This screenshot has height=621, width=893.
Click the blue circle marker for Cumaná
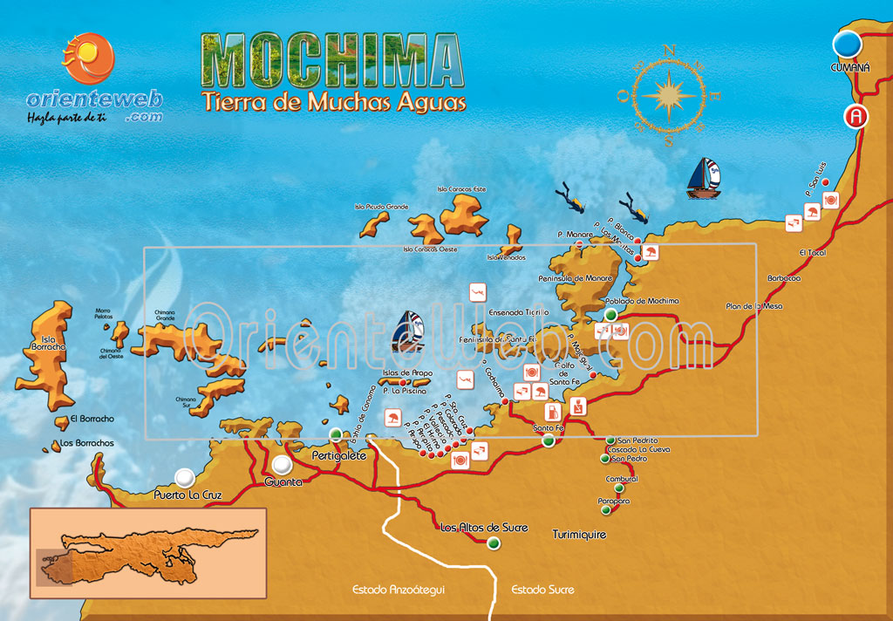point(846,44)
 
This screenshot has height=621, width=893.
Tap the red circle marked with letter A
point(857,116)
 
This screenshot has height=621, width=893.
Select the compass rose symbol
point(669,94)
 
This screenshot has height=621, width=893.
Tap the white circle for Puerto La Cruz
point(184,477)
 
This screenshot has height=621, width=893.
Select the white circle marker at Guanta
point(282,465)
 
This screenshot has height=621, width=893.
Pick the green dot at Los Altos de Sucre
point(494,543)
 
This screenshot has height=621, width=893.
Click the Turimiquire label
point(579,534)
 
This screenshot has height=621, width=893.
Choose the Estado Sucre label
point(542,590)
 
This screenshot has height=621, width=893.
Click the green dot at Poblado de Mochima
point(610,314)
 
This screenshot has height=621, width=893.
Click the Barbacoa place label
point(784,278)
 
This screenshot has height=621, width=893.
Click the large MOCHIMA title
point(331,62)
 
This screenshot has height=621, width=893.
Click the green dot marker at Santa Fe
point(549,441)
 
